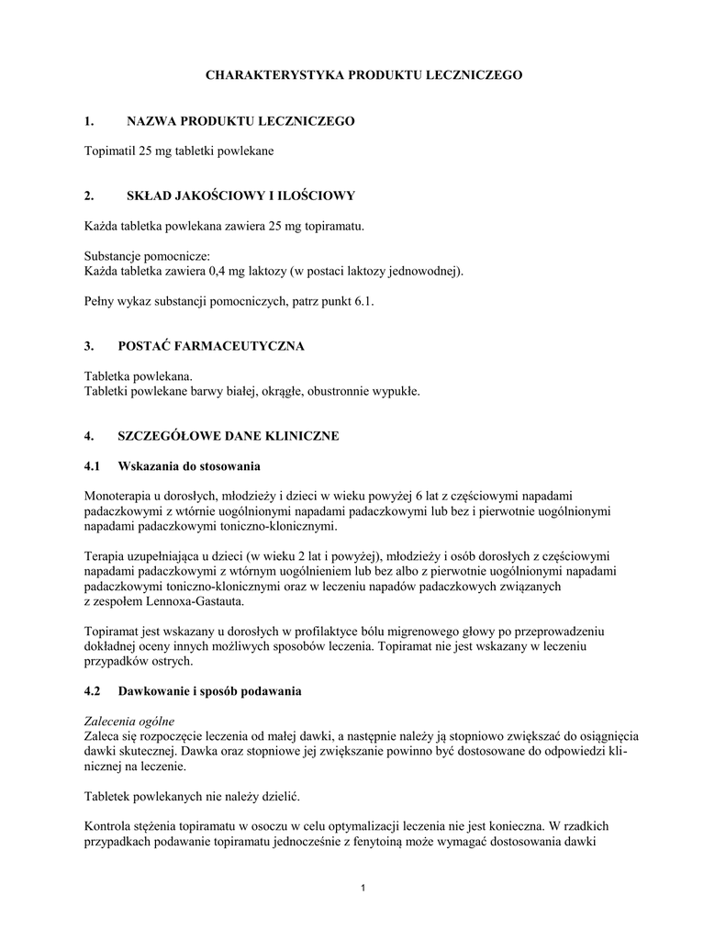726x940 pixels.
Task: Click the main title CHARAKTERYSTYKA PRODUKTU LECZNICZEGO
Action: coord(363,74)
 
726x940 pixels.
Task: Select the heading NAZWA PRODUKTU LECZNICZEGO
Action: coord(240,121)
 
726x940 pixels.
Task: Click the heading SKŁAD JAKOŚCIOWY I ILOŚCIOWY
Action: coord(240,196)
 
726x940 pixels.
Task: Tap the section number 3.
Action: coord(89,346)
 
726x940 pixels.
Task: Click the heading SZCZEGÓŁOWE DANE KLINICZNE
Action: coord(232,436)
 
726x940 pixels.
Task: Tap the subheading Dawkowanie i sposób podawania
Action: coord(214,689)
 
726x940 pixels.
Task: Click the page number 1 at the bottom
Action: coord(363,888)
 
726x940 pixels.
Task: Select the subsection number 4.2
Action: coord(93,689)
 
